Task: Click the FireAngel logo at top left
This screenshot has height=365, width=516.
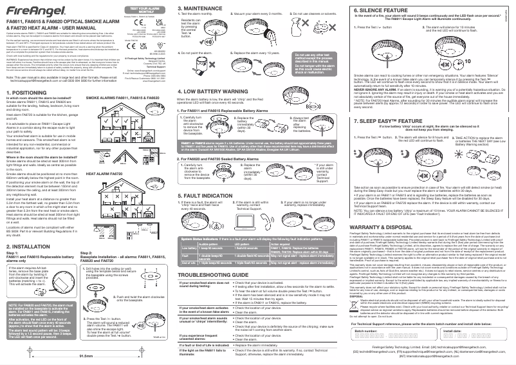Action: pyautogui.click(x=26, y=10)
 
